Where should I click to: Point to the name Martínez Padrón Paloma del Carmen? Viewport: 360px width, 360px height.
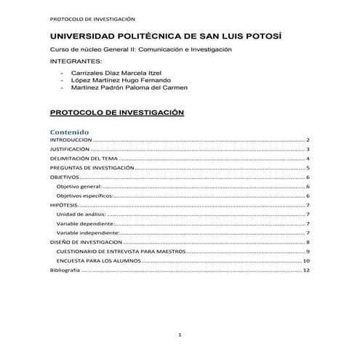coord(129,87)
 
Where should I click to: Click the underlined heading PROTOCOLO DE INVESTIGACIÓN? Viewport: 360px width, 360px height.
coord(116,113)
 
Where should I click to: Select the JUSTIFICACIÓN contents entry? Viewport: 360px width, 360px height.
coord(70,148)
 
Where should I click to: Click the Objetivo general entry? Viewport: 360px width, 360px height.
coord(82,186)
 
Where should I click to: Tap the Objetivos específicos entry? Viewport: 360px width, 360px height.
coord(85,196)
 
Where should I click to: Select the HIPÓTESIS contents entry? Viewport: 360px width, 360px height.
coord(63,205)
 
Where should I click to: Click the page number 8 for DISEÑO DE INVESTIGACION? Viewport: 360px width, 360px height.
coord(308,242)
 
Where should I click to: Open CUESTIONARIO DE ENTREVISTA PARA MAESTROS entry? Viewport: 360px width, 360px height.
coord(121,251)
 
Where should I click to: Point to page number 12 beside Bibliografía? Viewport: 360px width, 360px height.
coord(307,270)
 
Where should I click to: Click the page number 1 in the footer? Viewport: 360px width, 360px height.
coord(180,334)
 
